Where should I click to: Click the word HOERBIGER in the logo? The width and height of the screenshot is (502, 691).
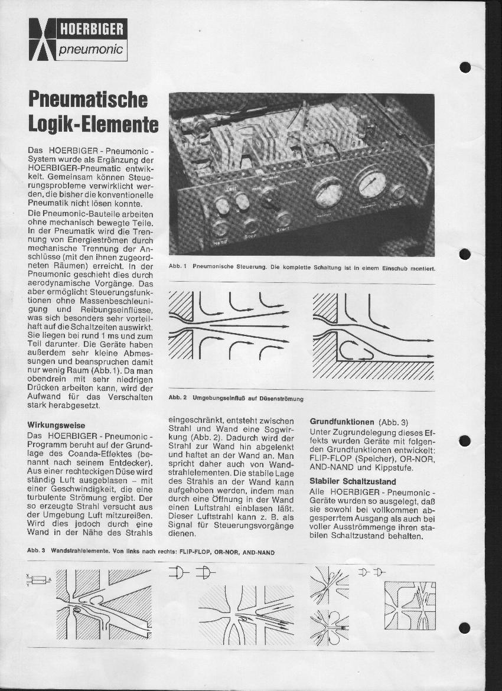pyautogui.click(x=91, y=28)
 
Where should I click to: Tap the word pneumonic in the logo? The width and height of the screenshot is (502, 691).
pyautogui.click(x=91, y=50)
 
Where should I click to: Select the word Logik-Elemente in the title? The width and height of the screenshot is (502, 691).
pyautogui.click(x=93, y=124)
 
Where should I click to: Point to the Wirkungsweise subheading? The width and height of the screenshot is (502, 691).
pyautogui.click(x=56, y=425)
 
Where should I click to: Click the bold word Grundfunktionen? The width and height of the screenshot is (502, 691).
pyautogui.click(x=342, y=422)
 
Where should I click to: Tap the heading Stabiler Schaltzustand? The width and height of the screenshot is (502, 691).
pyautogui.click(x=353, y=481)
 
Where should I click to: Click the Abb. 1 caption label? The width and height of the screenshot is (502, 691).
pyautogui.click(x=178, y=267)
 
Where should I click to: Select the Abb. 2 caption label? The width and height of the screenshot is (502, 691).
pyautogui.click(x=178, y=399)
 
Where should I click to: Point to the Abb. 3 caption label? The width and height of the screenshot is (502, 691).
pyautogui.click(x=37, y=551)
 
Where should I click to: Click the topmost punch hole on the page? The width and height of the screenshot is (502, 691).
pyautogui.click(x=465, y=67)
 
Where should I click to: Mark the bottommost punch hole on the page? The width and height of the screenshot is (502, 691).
pyautogui.click(x=465, y=628)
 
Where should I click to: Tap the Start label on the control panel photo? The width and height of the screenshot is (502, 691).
pyautogui.click(x=283, y=229)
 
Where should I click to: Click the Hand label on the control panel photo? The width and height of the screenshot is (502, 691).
pyautogui.click(x=220, y=242)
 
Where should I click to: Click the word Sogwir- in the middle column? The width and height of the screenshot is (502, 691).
pyautogui.click(x=275, y=429)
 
